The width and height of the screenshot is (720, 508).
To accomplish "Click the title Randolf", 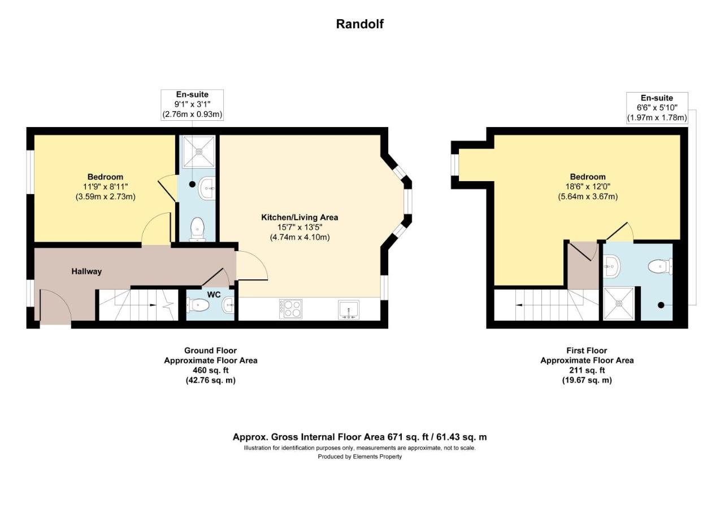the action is pos(359,24).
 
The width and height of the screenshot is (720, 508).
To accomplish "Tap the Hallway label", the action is pos(86,271).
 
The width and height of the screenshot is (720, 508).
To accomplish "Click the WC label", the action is pos(214,295).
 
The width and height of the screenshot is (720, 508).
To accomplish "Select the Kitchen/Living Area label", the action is pos(300,217).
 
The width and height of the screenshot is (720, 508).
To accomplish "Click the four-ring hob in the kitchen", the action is pos(290,309).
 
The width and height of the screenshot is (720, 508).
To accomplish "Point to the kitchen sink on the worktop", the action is pos(349,309).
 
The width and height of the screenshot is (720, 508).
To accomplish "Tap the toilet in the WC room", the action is pos(197,305).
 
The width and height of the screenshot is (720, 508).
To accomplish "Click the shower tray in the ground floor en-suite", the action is pos(198,152).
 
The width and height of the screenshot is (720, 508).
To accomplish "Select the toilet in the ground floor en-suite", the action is pos(197,230).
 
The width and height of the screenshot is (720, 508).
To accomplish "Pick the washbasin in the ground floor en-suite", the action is pos(207,189).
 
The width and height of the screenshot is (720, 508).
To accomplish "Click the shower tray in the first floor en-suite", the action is pos(618,304).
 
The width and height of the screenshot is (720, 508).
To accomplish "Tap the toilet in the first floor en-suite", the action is pos(660,266).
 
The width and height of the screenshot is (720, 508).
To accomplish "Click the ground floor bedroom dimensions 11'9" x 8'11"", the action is pos(106,187).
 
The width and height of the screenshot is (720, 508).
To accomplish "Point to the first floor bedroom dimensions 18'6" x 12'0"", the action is pos(588,187).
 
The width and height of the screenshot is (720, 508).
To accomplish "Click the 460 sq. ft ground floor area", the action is pos(211,370).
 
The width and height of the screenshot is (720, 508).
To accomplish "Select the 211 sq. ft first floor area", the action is pos(587,370).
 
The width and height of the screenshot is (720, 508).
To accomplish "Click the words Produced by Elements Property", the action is pos(359,457).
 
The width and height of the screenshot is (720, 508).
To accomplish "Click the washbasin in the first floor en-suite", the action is pos(611,266).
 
